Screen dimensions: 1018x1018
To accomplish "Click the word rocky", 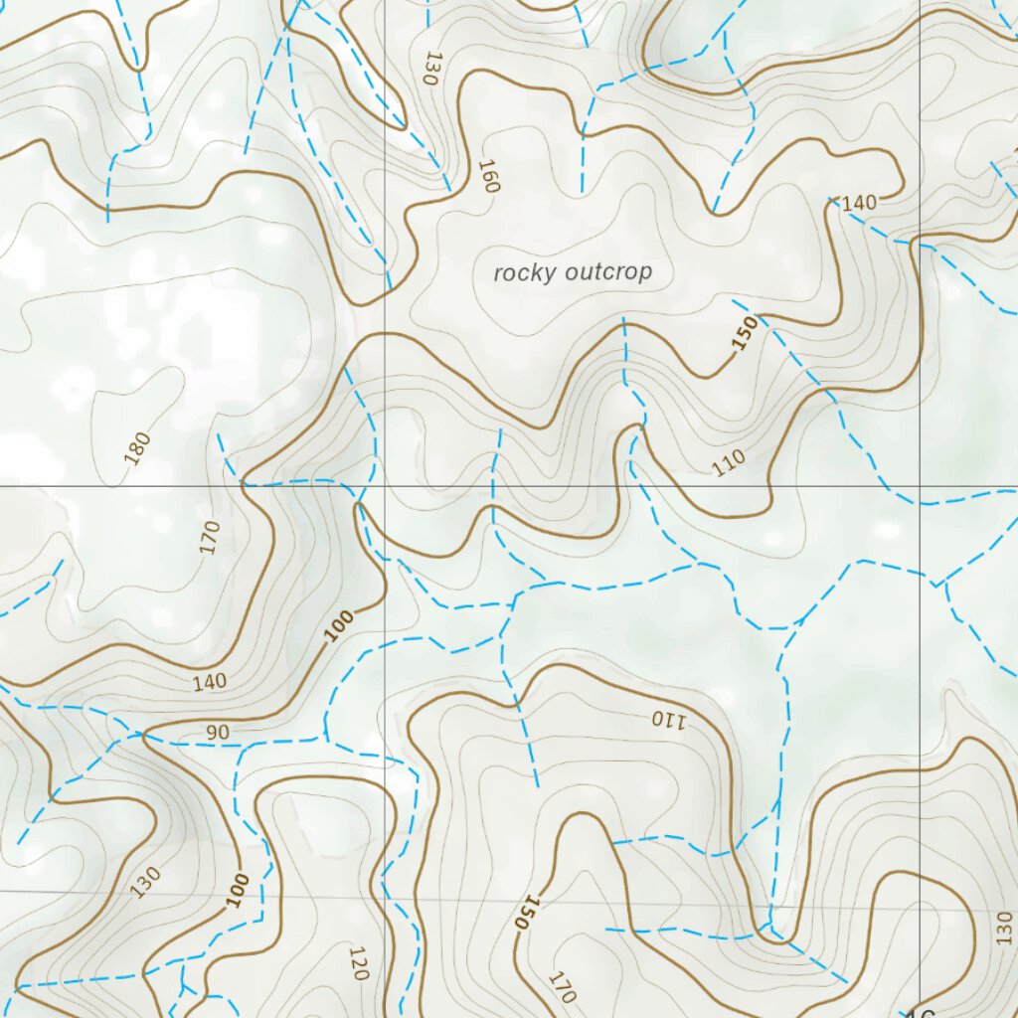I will pos(526,271).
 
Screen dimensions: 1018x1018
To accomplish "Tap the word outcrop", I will pos(607,271).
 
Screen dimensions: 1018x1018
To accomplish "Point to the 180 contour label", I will pos(138,447).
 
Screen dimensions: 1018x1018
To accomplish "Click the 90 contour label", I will pos(218,733).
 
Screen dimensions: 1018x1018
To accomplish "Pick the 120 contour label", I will pos(359,963).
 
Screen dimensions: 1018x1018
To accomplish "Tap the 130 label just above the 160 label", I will pos(430,69).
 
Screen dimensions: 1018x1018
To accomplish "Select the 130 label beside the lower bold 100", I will pos(145,881).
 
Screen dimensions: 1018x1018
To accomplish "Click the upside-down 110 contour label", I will pos(668,719).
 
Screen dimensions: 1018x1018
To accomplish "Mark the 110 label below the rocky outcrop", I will pos(729,462).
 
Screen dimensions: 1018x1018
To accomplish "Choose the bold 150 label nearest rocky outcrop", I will pos(745,334).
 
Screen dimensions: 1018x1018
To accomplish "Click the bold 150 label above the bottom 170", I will pos(526,911).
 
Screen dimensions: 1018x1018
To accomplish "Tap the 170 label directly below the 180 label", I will pos(209,538).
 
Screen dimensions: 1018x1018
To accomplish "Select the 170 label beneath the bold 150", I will pos(562,987).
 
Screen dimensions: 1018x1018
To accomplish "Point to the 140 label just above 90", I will pos(210,682).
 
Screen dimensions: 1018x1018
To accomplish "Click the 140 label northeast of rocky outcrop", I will pos(859,203).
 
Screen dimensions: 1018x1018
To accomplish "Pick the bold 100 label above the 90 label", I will pos(339,626).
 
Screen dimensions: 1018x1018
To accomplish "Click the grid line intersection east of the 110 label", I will pos(921,486).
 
